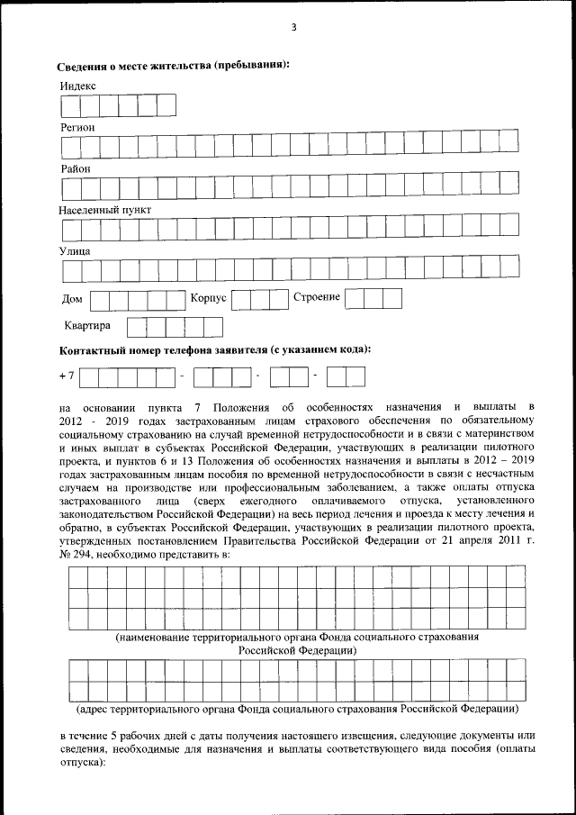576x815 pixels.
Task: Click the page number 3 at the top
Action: click(293, 27)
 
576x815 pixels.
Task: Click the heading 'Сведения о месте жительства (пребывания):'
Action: click(173, 66)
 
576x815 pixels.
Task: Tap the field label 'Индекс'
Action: click(78, 86)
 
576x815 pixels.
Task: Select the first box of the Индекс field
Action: click(69, 106)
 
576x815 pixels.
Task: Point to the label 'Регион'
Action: click(77, 127)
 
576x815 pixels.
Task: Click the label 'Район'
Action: click(76, 168)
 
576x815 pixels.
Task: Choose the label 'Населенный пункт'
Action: click(105, 209)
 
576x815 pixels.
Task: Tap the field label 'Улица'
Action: click(76, 250)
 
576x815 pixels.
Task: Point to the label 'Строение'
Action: click(317, 297)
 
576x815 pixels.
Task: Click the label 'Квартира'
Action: click(87, 325)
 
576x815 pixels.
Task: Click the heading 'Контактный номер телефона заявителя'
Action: click(216, 349)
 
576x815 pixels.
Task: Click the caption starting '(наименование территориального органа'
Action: click(297, 637)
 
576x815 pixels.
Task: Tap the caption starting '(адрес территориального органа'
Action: click(297, 709)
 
